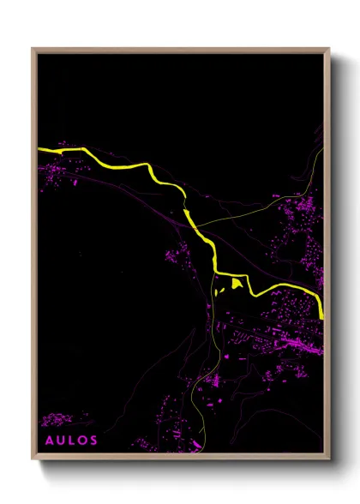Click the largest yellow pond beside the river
point(237,283)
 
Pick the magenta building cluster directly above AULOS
point(58,420)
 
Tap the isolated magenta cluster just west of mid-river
point(180,253)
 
